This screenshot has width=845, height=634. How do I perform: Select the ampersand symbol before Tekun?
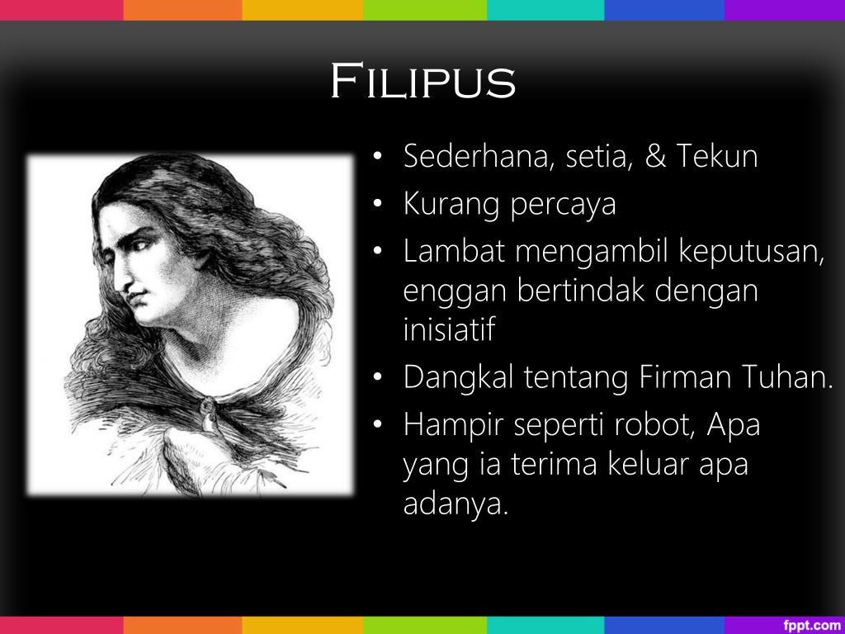click(655, 156)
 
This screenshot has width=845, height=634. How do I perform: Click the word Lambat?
click(453, 252)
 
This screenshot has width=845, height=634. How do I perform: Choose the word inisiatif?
click(449, 329)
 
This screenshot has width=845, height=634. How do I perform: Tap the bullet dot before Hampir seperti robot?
click(377, 427)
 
